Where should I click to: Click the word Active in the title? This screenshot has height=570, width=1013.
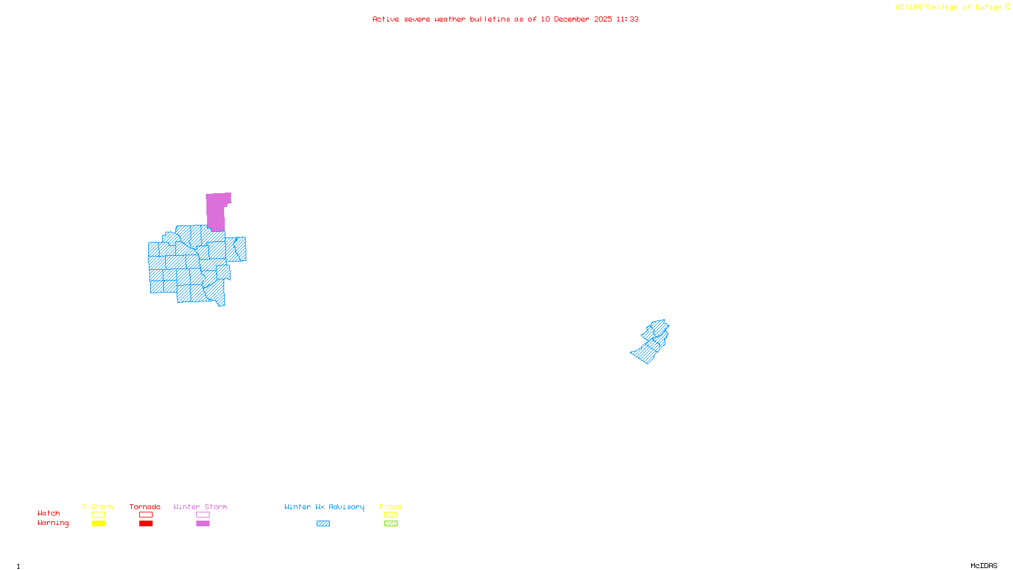(385, 19)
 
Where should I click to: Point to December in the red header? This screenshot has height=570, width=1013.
(572, 19)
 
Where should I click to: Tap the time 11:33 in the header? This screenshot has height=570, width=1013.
(627, 19)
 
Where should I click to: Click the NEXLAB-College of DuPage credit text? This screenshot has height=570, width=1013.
(948, 7)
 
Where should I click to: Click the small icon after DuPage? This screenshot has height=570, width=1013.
(1007, 7)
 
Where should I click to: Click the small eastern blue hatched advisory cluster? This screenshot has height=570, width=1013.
(651, 342)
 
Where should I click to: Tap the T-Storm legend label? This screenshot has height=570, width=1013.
(98, 507)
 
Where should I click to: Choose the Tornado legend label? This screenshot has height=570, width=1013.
(145, 507)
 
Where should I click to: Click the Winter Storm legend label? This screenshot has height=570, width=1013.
(200, 507)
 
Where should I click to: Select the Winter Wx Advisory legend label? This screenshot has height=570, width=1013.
(324, 507)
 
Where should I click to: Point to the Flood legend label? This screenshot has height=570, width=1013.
(391, 507)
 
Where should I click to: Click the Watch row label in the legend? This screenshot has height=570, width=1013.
(49, 513)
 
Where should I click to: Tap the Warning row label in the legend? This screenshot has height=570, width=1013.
(53, 523)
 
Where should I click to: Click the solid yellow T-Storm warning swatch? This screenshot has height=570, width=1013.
(98, 524)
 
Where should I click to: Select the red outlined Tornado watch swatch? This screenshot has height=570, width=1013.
(146, 515)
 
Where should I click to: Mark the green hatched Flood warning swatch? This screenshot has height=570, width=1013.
(391, 524)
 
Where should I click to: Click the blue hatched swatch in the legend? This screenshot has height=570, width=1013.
(323, 524)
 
